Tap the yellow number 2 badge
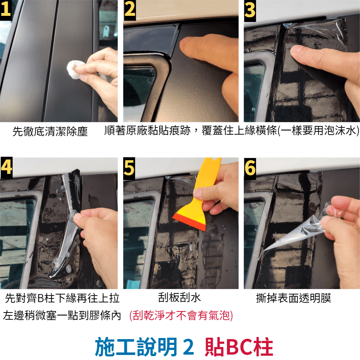(130, 10)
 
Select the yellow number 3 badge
(250, 10)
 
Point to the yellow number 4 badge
(6, 168)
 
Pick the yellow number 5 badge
(129, 168)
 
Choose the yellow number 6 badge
(250, 168)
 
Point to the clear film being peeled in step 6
(298, 232)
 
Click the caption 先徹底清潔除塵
(50, 131)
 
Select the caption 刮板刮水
(180, 298)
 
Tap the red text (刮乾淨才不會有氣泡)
(181, 315)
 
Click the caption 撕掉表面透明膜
(293, 298)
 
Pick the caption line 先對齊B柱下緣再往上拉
(62, 298)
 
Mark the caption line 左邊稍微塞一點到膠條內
(62, 315)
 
